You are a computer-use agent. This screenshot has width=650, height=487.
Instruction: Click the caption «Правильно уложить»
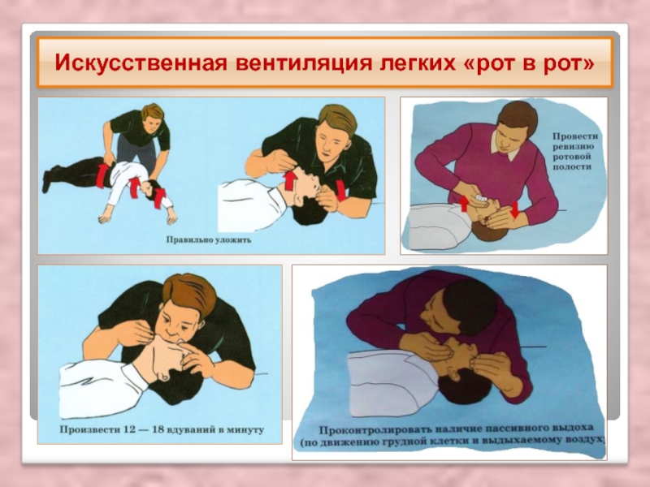pos(209,239)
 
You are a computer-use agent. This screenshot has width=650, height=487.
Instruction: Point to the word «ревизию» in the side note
pos(573,147)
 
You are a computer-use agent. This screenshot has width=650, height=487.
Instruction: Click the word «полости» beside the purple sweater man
pos(572,167)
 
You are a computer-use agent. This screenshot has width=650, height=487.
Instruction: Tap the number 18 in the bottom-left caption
pos(158,429)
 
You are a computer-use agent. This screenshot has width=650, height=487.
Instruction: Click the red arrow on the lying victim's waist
pos(102,175)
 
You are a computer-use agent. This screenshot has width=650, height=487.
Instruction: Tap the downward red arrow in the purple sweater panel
pos(514,209)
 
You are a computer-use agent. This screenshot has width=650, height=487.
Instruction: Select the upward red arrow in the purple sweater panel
pos(464,204)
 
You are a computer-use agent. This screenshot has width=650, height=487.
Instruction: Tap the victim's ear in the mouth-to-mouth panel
pos(164,375)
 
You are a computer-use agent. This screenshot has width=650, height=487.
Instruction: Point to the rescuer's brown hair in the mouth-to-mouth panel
pos(191,293)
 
